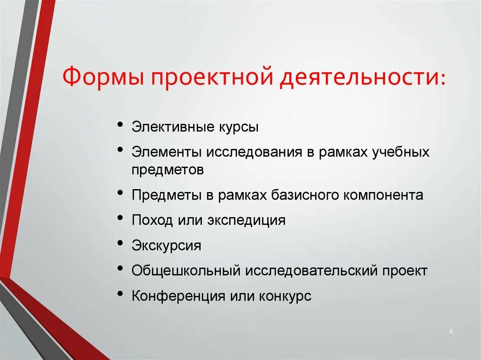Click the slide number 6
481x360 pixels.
(x=451, y=332)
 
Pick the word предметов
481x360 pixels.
(x=168, y=170)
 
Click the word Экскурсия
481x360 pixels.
(x=166, y=246)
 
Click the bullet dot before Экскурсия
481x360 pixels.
(x=121, y=244)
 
